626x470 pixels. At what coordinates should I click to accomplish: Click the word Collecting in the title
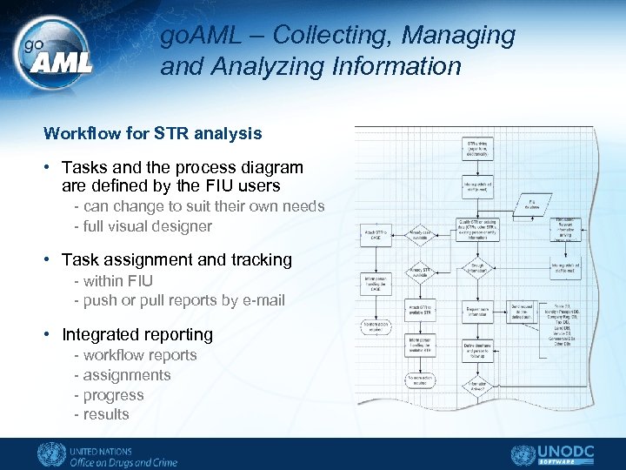[x=324, y=36]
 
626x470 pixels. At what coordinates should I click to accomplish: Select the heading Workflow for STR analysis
[x=152, y=133]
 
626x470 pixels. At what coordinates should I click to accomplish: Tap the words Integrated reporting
[x=137, y=334]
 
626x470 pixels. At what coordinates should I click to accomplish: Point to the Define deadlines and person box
[x=476, y=352]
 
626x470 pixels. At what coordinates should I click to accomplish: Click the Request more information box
[x=476, y=311]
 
